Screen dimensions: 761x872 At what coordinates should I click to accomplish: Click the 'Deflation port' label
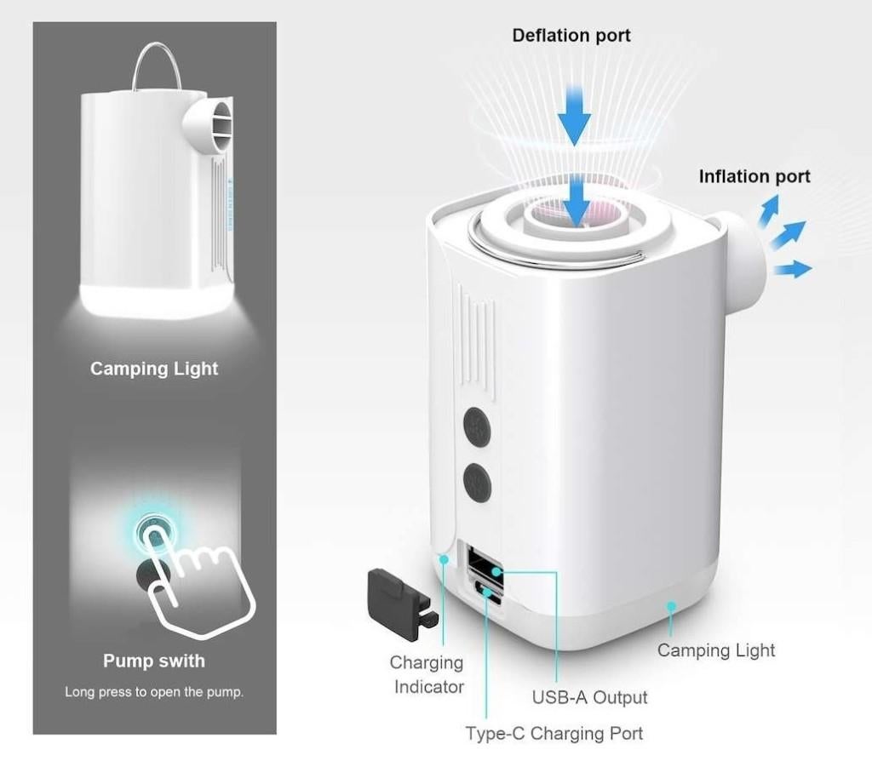click(x=571, y=36)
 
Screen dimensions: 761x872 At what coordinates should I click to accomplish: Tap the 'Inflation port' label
click(x=754, y=176)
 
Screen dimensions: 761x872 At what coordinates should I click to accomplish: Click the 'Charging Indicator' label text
click(x=427, y=674)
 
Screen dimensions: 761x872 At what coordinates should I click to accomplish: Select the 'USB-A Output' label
click(x=589, y=697)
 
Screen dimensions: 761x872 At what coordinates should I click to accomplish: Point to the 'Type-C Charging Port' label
click(x=554, y=732)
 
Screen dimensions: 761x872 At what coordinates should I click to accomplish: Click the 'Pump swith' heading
click(x=154, y=661)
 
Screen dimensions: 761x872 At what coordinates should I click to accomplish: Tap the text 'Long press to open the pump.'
click(x=154, y=691)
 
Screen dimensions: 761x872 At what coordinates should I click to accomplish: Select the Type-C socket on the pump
click(x=486, y=594)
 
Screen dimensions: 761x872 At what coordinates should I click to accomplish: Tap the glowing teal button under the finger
click(x=153, y=529)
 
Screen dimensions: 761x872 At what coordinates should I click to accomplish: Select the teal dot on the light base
click(x=671, y=606)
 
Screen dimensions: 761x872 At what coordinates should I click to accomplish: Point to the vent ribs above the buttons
click(x=476, y=332)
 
